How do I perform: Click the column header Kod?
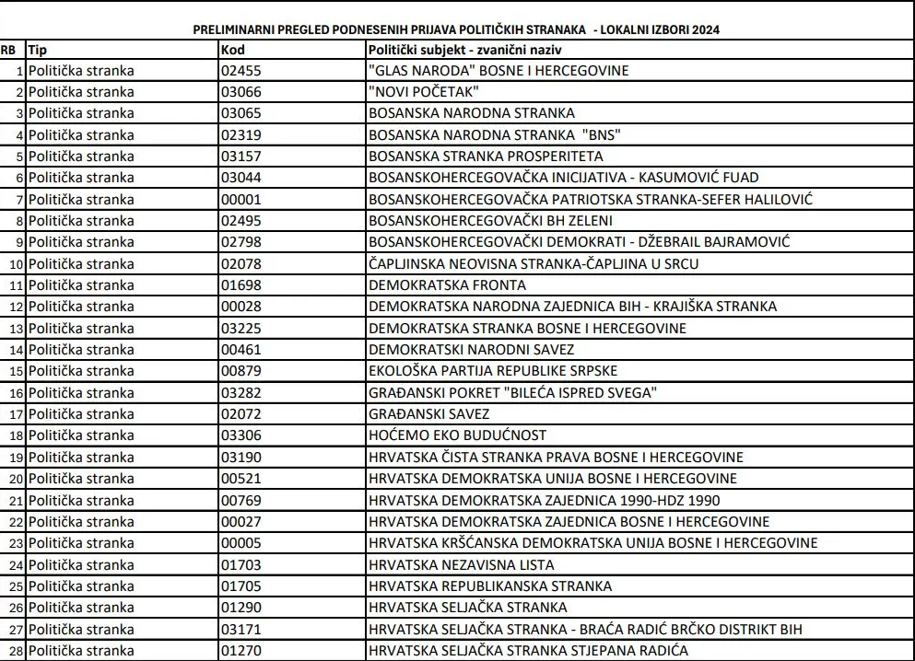tap(234, 49)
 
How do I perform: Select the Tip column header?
tap(38, 49)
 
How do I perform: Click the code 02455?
tap(241, 71)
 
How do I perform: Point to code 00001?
tap(241, 199)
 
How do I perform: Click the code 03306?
tap(241, 435)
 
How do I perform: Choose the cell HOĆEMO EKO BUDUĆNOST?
tap(457, 435)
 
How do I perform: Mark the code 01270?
tap(241, 650)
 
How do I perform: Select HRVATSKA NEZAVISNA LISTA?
tap(462, 564)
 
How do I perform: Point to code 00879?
tap(241, 370)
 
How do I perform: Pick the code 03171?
tap(241, 628)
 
